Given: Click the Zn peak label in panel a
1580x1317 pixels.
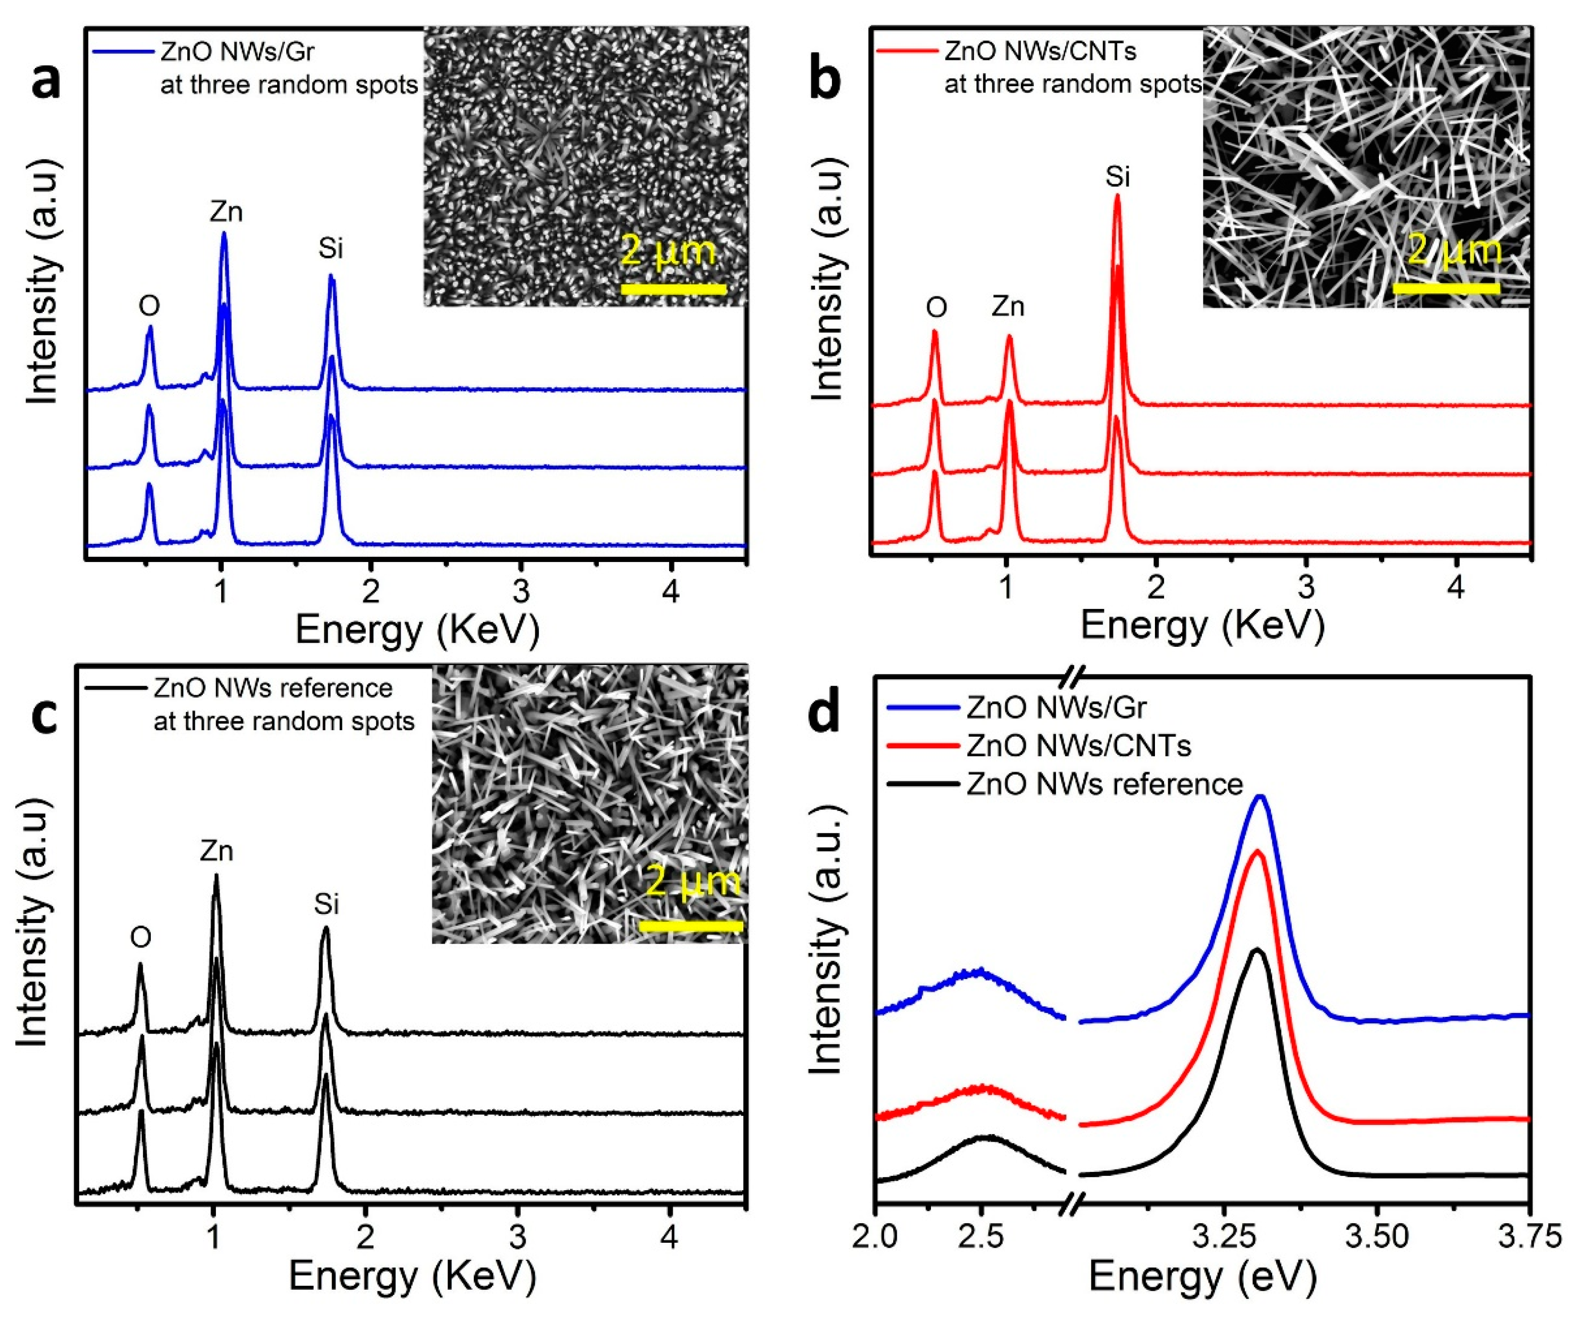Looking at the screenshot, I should click(x=226, y=213).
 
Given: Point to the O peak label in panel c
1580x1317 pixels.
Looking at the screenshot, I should click(x=141, y=937).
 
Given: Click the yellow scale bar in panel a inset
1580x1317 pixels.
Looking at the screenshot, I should click(x=673, y=289).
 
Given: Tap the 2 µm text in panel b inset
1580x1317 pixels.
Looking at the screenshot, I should click(x=1454, y=250).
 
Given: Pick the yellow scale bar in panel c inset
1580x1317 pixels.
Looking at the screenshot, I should click(x=691, y=926).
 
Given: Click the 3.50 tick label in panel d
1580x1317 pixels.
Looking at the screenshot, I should click(x=1377, y=1237).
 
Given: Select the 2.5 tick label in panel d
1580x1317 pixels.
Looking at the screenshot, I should click(x=980, y=1237).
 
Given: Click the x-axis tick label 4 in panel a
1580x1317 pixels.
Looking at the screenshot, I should click(x=671, y=592).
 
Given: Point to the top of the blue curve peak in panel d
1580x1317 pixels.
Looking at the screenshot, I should click(x=1261, y=796).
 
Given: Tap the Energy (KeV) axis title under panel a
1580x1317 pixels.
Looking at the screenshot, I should click(x=417, y=630).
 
